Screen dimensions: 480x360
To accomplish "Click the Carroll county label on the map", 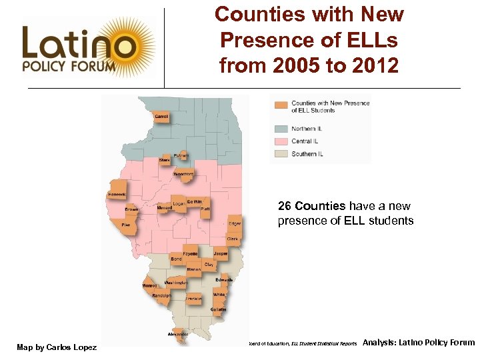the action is pyautogui.click(x=161, y=117).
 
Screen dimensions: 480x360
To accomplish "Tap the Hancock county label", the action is pyautogui.click(x=117, y=194).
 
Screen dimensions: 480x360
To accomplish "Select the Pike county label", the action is pyautogui.click(x=126, y=225).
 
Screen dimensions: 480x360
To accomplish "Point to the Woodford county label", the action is pyautogui.click(x=183, y=174).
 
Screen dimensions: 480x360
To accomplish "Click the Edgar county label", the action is pyautogui.click(x=235, y=224).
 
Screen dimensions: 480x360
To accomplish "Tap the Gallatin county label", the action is pyautogui.click(x=219, y=309).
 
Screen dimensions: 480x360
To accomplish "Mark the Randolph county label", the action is pyautogui.click(x=161, y=295).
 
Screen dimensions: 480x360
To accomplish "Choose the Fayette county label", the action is pyautogui.click(x=191, y=254).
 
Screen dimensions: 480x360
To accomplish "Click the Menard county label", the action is pyautogui.click(x=164, y=208).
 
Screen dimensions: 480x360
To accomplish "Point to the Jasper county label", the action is pyautogui.click(x=221, y=254).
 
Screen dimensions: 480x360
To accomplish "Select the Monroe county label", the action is pyautogui.click(x=149, y=285).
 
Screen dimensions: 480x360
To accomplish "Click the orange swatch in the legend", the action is pyautogui.click(x=282, y=105).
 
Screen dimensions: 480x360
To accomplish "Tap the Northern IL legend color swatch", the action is pyautogui.click(x=282, y=129).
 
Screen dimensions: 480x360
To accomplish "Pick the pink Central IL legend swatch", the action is pyautogui.click(x=282, y=141).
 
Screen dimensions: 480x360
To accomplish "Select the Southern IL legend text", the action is pyautogui.click(x=307, y=154).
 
